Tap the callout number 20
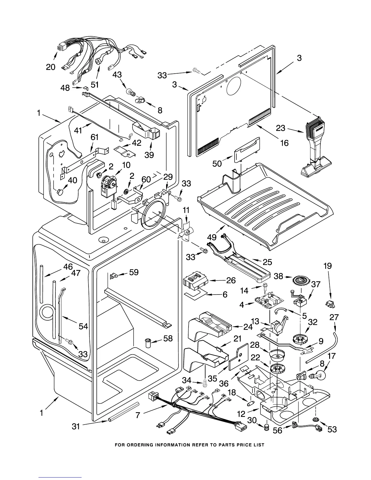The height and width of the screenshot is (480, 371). (51, 67)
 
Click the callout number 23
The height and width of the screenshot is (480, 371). (281, 128)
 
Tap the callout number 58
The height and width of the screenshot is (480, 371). (168, 338)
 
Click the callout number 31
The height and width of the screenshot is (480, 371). (76, 426)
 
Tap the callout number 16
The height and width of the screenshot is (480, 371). (284, 142)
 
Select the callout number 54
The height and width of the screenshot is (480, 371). (83, 326)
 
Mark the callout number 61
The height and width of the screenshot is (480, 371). (95, 137)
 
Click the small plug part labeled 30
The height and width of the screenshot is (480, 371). (267, 427)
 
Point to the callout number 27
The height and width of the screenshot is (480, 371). (334, 317)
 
